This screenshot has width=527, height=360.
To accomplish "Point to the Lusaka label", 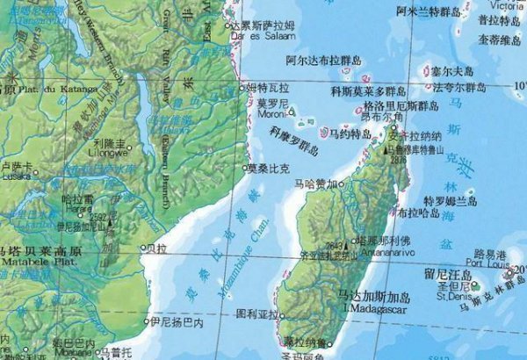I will [16, 176].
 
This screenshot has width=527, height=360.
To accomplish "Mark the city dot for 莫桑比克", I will [245, 167].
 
